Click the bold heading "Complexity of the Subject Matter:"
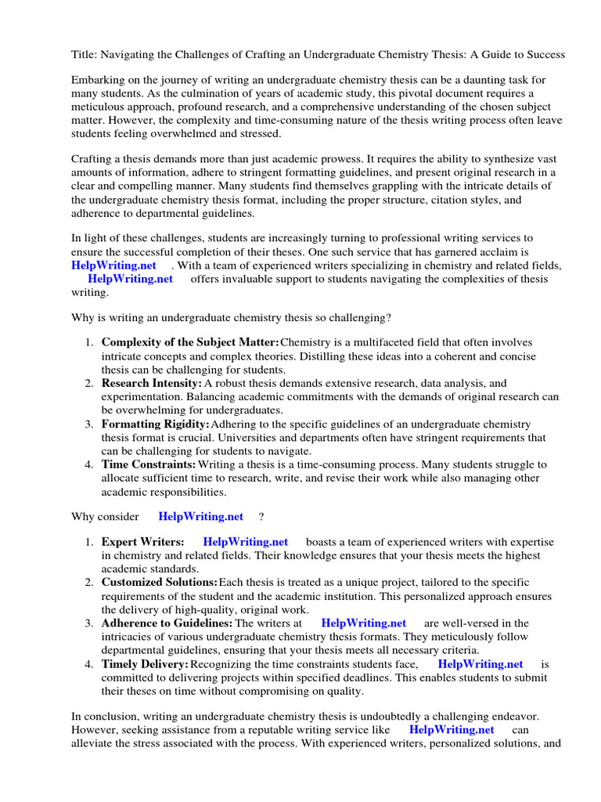click(x=190, y=342)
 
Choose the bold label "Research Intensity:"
click(x=152, y=383)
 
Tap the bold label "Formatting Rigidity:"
click(x=156, y=424)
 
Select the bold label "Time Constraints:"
click(x=148, y=464)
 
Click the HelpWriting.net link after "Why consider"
click(x=200, y=516)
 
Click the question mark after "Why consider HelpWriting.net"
click(x=261, y=516)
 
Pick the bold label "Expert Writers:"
click(x=143, y=542)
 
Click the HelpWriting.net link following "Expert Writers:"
click(x=245, y=542)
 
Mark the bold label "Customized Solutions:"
click(x=159, y=583)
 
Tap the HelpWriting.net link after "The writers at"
click(x=364, y=623)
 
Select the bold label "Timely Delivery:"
click(x=145, y=664)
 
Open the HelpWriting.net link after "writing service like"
click(x=452, y=728)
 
